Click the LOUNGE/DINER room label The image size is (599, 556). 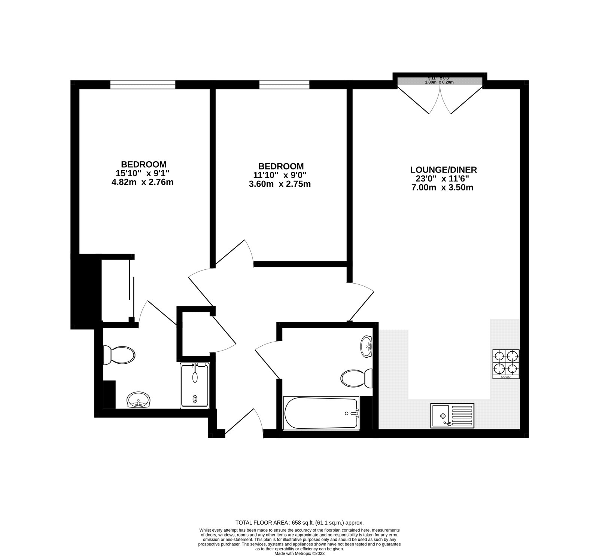click(x=443, y=169)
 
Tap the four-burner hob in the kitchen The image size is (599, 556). click(x=506, y=364)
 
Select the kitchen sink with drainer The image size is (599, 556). click(x=452, y=415)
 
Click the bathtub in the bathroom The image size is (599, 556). click(x=321, y=413)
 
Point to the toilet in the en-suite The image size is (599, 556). click(x=119, y=355)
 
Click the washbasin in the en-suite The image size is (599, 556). click(x=139, y=400)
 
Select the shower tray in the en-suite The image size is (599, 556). click(x=195, y=385)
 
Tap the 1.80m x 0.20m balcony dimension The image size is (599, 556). click(x=439, y=82)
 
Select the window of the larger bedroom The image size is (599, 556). click(x=143, y=85)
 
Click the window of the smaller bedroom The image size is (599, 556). click(x=284, y=85)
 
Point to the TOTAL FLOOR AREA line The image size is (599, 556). click(x=299, y=523)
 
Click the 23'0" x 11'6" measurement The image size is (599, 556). click(x=443, y=179)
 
